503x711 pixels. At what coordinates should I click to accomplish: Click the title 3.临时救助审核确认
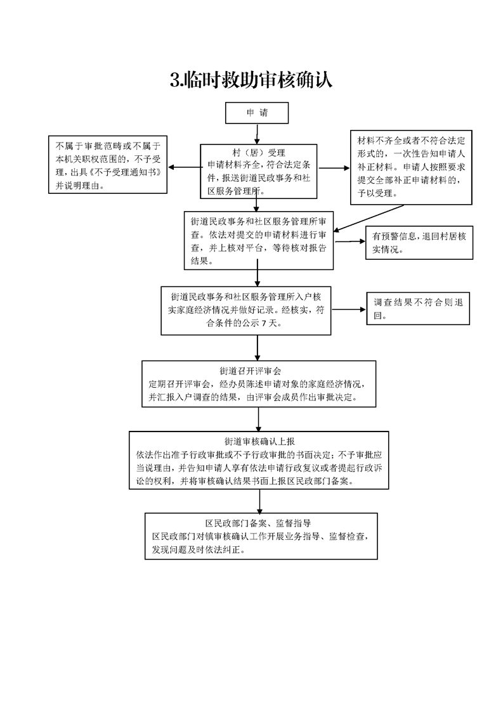coord(251,80)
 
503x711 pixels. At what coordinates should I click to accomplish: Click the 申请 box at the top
coord(257,113)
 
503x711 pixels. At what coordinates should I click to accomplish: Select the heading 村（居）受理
coord(258,153)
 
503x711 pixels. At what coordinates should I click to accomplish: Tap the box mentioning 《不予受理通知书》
coord(108,165)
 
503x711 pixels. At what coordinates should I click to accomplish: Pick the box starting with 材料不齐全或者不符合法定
coord(411,167)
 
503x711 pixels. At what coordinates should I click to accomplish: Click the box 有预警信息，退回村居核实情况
coord(419,243)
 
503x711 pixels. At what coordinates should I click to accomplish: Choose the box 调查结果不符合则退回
coord(418,309)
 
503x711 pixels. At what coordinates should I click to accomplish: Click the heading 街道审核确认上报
coord(259,441)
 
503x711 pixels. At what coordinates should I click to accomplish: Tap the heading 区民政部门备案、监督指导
coord(258,523)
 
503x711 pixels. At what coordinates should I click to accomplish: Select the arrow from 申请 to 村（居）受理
coord(257,134)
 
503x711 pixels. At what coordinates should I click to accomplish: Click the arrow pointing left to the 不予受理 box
coord(185,167)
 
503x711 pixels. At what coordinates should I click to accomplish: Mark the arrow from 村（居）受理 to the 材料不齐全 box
coord(334,168)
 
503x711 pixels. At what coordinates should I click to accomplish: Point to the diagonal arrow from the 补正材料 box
coord(368,219)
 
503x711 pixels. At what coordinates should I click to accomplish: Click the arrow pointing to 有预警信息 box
coord(349,241)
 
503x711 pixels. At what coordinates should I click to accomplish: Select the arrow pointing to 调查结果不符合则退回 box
coord(349,310)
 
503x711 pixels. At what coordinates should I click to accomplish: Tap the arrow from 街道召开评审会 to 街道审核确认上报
coord(259,420)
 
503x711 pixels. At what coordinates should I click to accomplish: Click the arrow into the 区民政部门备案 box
coord(259,501)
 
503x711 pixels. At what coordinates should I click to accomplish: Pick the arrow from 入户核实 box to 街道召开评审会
coord(258,348)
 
